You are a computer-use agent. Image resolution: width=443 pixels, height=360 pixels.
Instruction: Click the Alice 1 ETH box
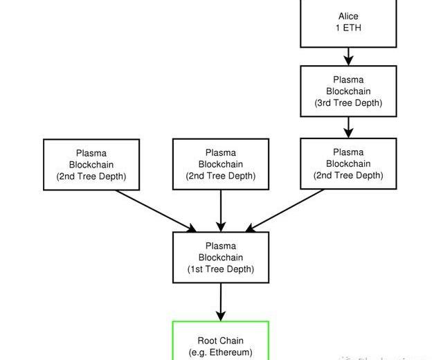tap(349, 22)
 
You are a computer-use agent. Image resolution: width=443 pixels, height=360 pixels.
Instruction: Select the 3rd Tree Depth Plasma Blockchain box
tap(349, 91)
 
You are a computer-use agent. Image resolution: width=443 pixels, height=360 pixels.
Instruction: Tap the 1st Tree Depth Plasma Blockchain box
tap(221, 258)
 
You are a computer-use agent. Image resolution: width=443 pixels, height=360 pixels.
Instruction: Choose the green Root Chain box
tap(221, 343)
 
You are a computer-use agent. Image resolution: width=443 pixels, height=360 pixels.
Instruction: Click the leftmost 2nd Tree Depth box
tap(92, 164)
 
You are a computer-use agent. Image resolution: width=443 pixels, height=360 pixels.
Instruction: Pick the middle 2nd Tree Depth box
tap(221, 164)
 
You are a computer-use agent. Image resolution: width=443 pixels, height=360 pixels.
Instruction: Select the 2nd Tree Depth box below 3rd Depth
tap(349, 163)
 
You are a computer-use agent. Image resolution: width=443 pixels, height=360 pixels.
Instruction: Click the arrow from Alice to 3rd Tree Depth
tap(349, 56)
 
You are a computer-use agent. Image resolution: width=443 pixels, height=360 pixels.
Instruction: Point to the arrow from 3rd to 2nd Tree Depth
tap(349, 127)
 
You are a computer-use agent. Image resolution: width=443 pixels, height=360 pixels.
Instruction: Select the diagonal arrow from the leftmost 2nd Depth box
tap(156, 210)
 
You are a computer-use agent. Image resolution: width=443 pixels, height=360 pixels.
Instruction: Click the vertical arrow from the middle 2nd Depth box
tap(221, 210)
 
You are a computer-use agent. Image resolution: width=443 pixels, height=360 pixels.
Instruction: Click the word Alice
tap(349, 16)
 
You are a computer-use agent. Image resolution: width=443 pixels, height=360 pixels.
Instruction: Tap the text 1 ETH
tap(349, 28)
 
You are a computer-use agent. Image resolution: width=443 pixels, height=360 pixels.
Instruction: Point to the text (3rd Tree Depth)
tap(349, 103)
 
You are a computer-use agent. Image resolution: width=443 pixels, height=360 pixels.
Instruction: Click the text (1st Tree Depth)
tap(221, 269)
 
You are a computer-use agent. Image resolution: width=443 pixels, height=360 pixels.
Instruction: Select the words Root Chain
tap(221, 341)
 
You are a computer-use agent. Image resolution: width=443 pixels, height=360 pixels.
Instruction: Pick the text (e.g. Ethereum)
tap(221, 352)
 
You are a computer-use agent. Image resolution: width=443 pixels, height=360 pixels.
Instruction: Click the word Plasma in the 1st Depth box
tap(221, 246)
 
